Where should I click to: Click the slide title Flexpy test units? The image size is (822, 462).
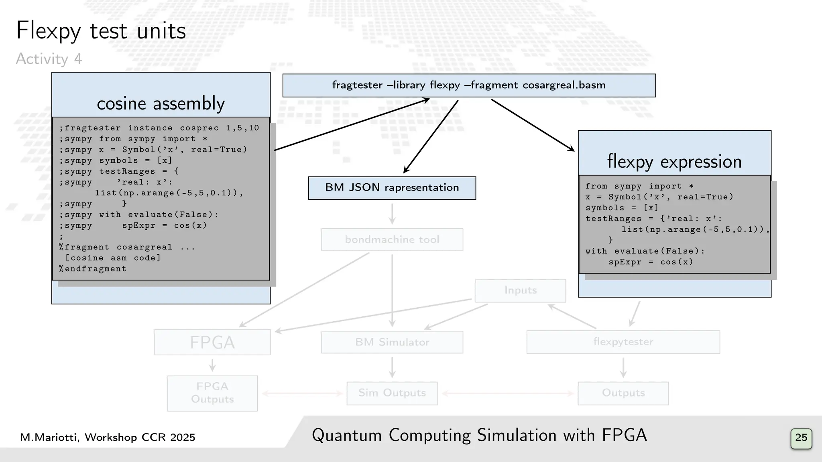pyautogui.click(x=101, y=31)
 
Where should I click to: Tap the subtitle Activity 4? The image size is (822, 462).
pyautogui.click(x=49, y=59)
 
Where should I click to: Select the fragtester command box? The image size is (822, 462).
pyautogui.click(x=469, y=85)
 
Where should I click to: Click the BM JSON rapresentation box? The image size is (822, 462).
pyautogui.click(x=392, y=188)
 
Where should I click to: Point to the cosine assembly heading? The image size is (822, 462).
pyautogui.click(x=161, y=103)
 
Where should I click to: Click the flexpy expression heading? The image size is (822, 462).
pyautogui.click(x=674, y=162)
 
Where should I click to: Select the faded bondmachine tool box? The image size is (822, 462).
pyautogui.click(x=392, y=239)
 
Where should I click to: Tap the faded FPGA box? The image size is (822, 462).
pyautogui.click(x=212, y=342)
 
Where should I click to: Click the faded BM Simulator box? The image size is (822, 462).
pyautogui.click(x=392, y=342)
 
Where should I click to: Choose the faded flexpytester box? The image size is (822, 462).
pyautogui.click(x=623, y=342)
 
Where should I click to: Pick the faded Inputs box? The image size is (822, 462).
pyautogui.click(x=520, y=290)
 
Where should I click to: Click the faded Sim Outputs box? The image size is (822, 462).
pyautogui.click(x=392, y=393)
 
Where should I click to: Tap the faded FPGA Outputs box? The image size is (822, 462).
pyautogui.click(x=212, y=393)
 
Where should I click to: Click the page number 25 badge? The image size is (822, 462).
pyautogui.click(x=801, y=438)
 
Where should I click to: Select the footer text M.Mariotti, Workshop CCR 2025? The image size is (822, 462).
pyautogui.click(x=108, y=437)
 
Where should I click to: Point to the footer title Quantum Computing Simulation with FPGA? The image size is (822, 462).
pyautogui.click(x=479, y=436)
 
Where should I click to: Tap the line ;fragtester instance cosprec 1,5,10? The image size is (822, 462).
pyautogui.click(x=159, y=128)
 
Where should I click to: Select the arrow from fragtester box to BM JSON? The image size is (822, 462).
pyautogui.click(x=431, y=136)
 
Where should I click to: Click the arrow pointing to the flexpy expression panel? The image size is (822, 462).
pyautogui.click(x=533, y=125)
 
